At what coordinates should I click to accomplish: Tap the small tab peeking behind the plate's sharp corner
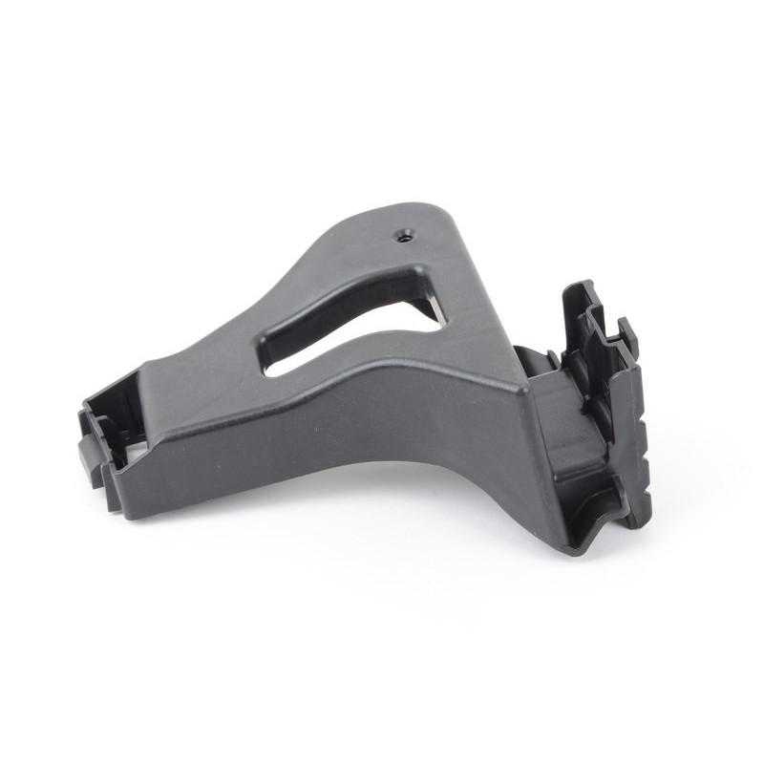tap(541, 360)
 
